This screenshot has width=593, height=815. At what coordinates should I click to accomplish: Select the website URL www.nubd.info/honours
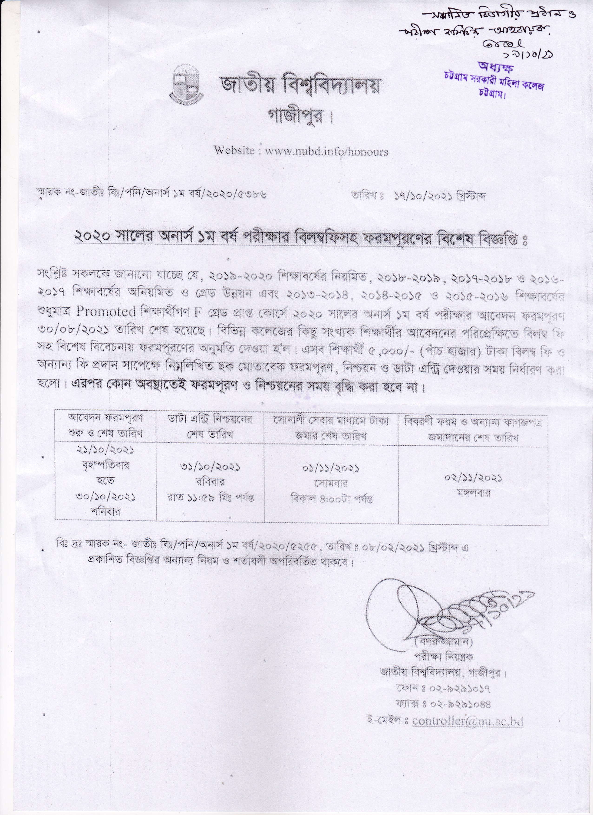coord(326,151)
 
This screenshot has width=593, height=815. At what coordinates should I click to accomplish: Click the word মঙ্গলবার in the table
coord(473,493)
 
